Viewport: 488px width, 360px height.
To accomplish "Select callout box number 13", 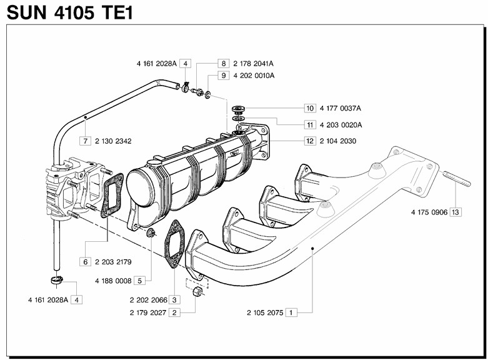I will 455,212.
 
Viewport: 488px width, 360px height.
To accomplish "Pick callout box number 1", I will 291,311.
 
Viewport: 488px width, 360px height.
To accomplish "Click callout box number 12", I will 310,141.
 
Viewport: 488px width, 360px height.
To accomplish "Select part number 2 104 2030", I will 337,141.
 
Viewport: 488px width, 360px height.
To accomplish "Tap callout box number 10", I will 310,108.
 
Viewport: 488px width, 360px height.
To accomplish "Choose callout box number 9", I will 223,76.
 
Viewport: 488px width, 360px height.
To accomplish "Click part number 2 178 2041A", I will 254,64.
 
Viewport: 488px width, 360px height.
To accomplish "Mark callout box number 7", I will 85,141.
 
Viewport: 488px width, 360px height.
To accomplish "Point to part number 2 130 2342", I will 113,141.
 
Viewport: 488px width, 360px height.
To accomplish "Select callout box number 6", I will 85,261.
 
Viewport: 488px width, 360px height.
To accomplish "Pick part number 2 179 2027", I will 147,312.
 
